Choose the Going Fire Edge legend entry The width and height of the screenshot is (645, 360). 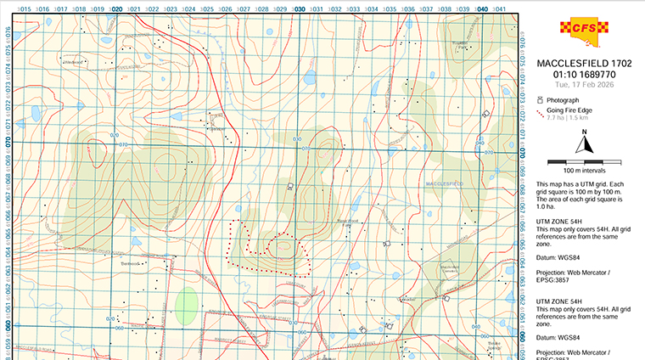[x=567, y=110]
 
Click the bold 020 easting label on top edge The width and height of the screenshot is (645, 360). [x=116, y=9]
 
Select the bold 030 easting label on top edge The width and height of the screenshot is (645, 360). [x=299, y=9]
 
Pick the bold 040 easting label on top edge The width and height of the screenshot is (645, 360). [x=482, y=9]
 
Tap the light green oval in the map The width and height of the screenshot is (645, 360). [x=187, y=306]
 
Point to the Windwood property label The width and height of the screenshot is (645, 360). [x=71, y=61]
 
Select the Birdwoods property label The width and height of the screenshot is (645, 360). [x=129, y=263]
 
